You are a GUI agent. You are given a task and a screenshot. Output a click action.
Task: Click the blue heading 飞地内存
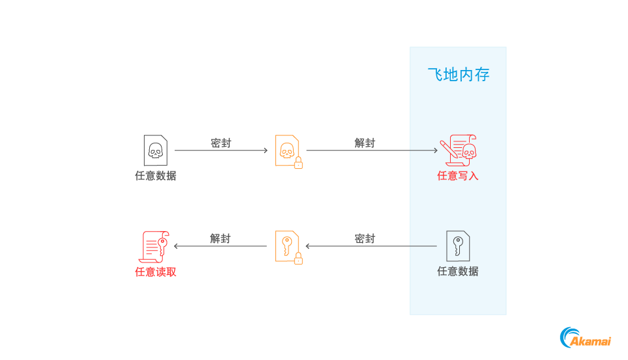[458, 75]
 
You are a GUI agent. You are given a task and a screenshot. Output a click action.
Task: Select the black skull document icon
[155, 150]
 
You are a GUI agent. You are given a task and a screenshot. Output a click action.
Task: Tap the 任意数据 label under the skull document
[156, 175]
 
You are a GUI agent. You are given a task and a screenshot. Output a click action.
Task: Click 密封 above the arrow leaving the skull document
[220, 143]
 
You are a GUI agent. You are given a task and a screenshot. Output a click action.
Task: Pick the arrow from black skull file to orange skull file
[221, 151]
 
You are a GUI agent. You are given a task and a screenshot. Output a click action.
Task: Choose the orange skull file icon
[287, 150]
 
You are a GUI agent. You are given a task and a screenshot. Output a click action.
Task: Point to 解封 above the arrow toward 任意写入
[365, 143]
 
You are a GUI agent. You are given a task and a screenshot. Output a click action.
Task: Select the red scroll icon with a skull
[458, 150]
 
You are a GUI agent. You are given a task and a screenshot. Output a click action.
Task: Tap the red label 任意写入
[458, 175]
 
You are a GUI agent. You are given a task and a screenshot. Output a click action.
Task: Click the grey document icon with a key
[458, 245]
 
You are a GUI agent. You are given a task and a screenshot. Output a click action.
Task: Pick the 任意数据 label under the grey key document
[458, 271]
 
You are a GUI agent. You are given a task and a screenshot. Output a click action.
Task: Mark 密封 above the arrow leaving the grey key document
[365, 239]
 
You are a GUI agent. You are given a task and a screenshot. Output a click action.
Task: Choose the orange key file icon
[287, 246]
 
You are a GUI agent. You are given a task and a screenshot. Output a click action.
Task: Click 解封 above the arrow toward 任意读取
[220, 239]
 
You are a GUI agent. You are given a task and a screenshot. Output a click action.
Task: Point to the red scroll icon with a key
[155, 246]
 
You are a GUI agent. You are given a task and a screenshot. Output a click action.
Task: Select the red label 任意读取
[156, 272]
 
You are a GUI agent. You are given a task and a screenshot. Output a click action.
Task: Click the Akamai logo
[585, 337]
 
